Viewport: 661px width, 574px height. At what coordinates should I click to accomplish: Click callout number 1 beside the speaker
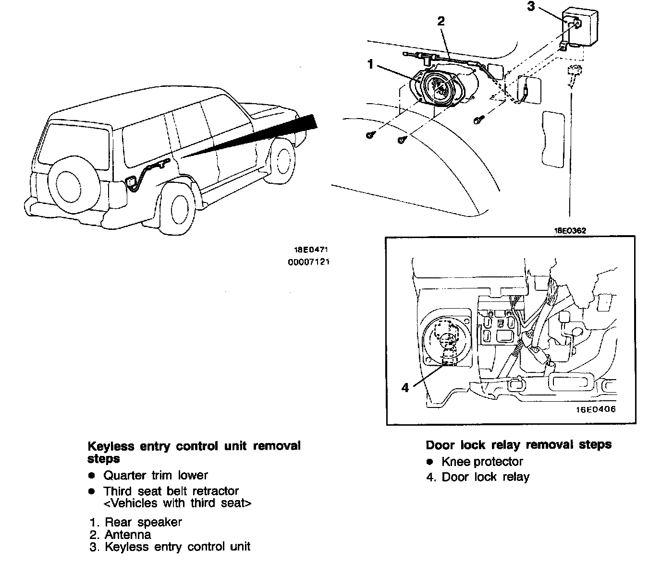370,64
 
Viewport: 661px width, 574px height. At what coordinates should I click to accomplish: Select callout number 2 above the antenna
441,21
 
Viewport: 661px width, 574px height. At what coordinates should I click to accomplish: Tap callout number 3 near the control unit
530,7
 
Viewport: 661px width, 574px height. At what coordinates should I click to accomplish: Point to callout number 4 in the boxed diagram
405,387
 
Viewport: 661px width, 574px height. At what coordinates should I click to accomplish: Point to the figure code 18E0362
570,230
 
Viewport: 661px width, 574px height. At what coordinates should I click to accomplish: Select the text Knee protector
482,462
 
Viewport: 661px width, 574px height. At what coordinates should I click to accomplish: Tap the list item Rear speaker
143,522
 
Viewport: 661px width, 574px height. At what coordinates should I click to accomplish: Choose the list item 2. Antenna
121,534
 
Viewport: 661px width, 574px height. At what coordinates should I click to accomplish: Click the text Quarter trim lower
155,475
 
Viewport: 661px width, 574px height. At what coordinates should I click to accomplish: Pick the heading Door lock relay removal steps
518,444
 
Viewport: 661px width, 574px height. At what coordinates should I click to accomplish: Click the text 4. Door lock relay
477,477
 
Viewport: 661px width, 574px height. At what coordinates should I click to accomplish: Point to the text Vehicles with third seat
177,503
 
